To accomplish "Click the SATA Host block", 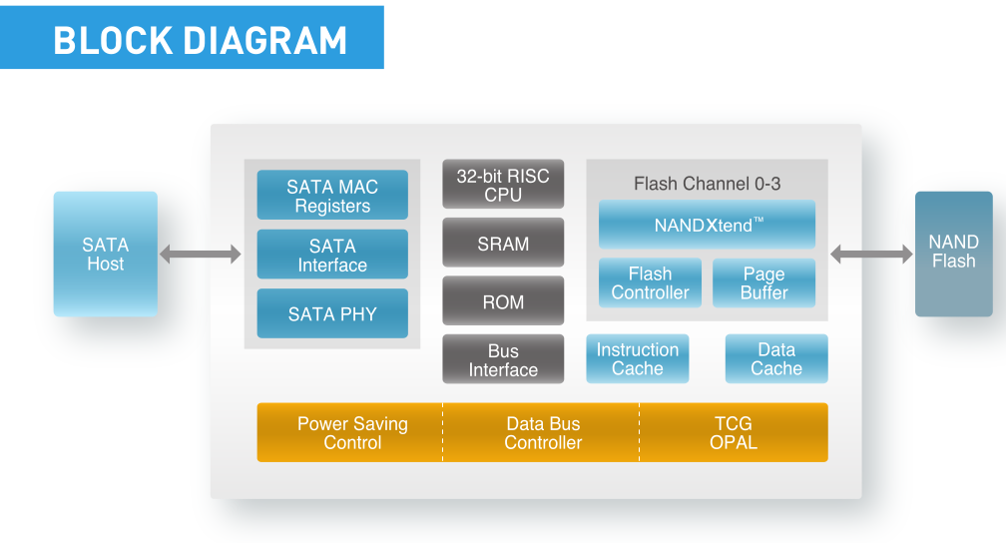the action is (105, 254).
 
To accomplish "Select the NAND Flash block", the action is (953, 254).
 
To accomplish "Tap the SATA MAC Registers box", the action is (332, 195).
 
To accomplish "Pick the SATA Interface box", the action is (332, 255).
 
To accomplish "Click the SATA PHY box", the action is (332, 313).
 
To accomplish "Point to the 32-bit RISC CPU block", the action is (503, 185).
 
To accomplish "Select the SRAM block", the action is (503, 243).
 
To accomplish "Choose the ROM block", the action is (503, 301).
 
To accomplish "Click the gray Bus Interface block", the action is (503, 359).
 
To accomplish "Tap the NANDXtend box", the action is (707, 225).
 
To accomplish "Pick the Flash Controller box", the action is (650, 283).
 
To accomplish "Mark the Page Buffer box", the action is (764, 283).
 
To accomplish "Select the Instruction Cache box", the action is (638, 358).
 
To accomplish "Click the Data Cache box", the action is (776, 358).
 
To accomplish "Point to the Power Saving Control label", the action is (352, 433).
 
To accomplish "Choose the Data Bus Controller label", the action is (543, 433).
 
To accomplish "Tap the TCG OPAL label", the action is (734, 433).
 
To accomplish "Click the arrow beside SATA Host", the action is (201, 255).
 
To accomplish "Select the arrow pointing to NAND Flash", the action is (871, 255).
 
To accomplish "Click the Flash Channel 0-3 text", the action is (707, 184).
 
